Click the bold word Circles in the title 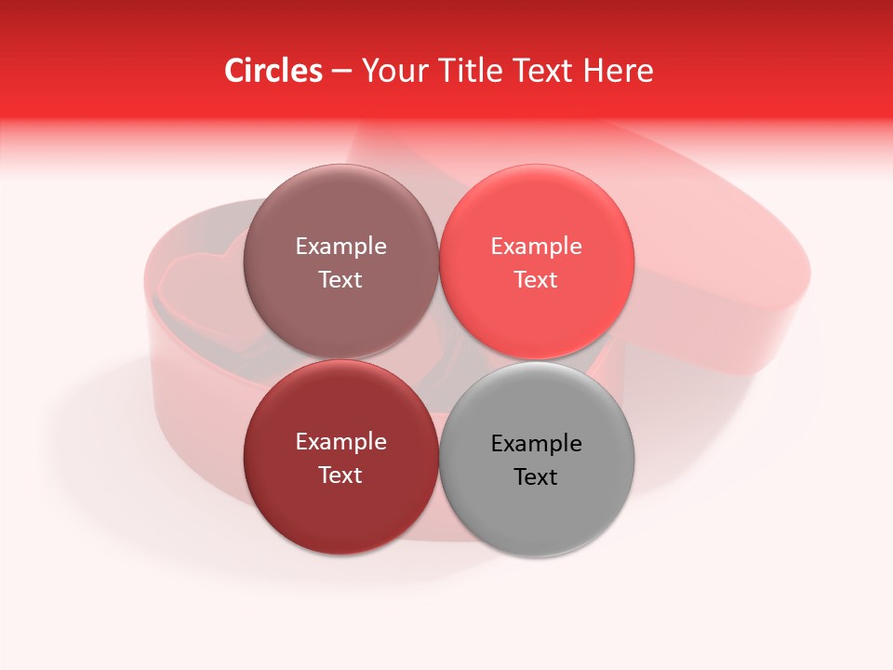coord(273,71)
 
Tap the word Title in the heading coord(468,71)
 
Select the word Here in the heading coord(619,71)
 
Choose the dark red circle coord(340,507)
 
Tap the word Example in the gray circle coord(536,444)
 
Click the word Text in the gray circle coord(536,477)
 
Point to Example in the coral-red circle coord(536,247)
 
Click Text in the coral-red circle coord(536,280)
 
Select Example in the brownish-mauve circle coord(340,247)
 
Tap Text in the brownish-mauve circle coord(340,280)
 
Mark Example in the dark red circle coord(340,442)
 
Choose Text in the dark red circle coord(340,476)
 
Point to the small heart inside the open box coord(200,279)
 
